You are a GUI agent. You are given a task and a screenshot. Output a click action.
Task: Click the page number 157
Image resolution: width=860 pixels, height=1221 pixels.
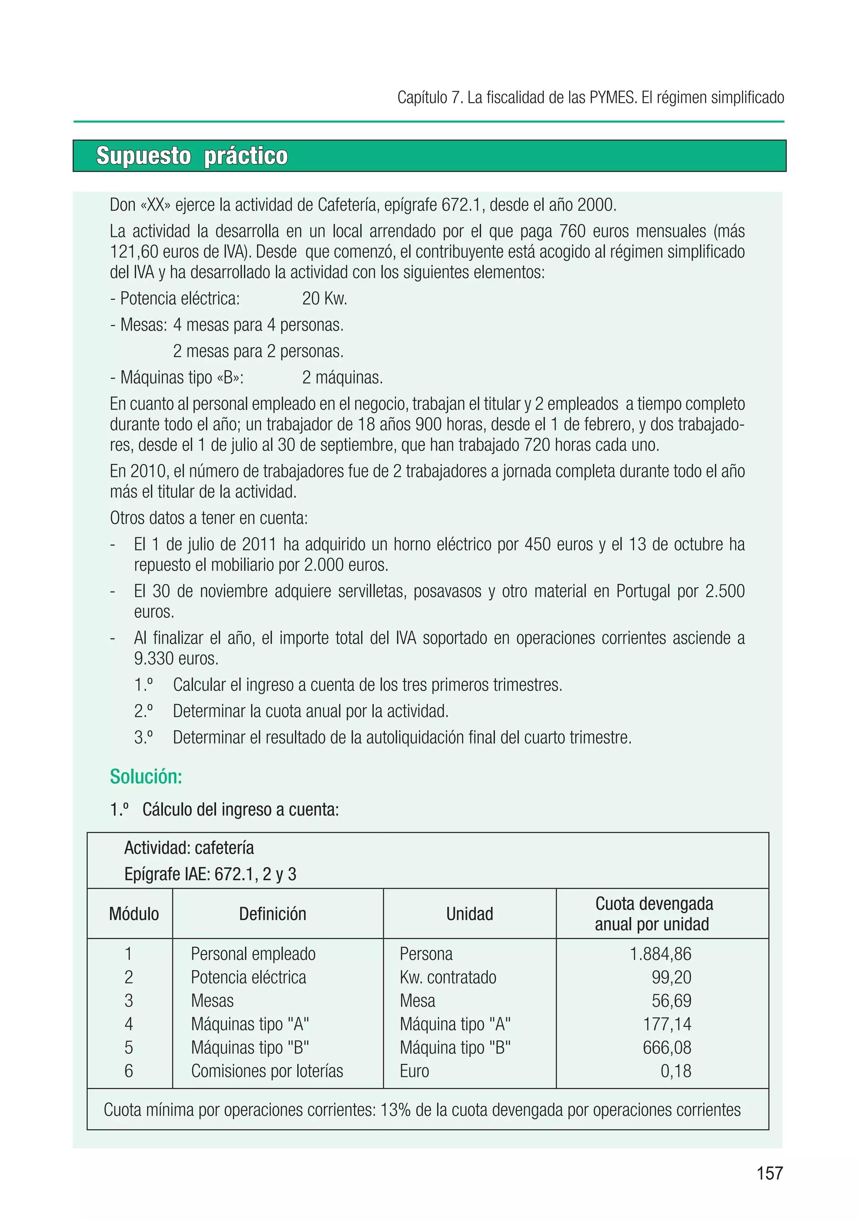[770, 1173]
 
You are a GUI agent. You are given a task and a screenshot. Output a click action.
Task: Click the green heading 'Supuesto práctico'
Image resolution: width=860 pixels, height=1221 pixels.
[191, 156]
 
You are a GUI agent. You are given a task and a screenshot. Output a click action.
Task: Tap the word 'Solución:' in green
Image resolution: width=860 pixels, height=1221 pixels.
[146, 777]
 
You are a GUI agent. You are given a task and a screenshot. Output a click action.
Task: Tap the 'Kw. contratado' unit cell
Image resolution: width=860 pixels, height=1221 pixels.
[448, 977]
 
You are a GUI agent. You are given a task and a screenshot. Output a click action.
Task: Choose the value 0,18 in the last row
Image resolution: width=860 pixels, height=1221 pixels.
[676, 1071]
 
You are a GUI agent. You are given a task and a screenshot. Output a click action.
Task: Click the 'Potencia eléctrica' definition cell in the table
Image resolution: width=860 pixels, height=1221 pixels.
[248, 977]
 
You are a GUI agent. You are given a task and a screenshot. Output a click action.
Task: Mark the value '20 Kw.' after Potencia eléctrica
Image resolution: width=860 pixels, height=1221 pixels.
[324, 299]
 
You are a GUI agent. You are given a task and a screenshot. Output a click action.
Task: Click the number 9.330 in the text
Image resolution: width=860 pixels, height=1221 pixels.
[154, 659]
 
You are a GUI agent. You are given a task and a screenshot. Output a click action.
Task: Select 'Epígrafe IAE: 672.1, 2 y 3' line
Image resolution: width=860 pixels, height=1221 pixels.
[210, 874]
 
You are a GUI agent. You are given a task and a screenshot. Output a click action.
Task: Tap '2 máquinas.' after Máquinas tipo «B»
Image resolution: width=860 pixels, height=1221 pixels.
[342, 378]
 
